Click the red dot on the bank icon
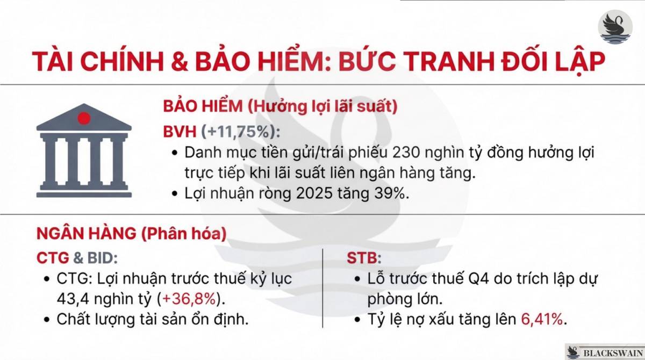[83, 118]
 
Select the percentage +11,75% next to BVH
[240, 131]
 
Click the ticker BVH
[181, 131]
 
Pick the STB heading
[362, 258]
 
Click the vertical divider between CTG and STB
[322, 287]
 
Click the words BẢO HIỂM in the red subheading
[203, 106]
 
